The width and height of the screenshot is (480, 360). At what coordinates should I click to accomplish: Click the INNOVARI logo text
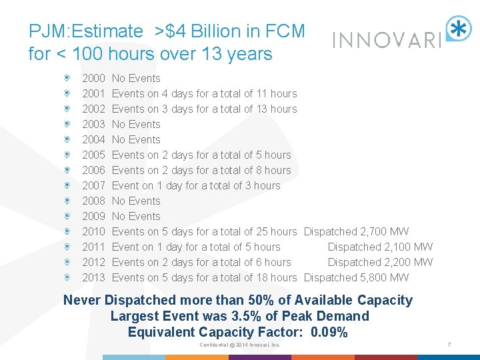[387, 41]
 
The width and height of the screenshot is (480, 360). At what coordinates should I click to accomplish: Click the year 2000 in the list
[93, 79]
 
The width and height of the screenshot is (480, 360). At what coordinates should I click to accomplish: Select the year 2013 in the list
[93, 278]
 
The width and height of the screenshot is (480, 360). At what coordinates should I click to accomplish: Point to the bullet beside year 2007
[68, 186]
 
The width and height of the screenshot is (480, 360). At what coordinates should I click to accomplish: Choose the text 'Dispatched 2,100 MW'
[380, 247]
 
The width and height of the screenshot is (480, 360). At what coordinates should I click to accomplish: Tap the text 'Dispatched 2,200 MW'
[380, 263]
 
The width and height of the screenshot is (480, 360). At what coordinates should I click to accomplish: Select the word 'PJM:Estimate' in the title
[85, 31]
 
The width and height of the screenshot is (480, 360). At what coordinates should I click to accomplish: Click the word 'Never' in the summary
[82, 301]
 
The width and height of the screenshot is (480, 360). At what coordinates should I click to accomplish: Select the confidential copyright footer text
[240, 345]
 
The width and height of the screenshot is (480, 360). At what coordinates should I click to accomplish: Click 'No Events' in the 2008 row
[136, 201]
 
